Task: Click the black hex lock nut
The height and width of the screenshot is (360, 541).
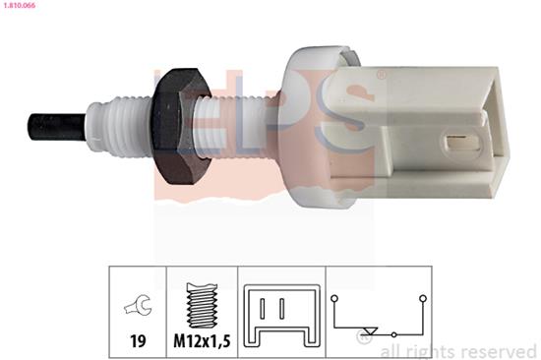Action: [x=180, y=126]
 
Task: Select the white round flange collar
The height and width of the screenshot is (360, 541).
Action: [x=311, y=127]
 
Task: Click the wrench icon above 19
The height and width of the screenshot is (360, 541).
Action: [x=138, y=305]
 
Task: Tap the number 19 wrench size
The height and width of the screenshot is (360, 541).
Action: [x=138, y=341]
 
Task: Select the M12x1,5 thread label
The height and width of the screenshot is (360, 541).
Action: [x=202, y=341]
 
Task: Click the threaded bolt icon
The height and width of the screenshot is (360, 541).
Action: [x=203, y=305]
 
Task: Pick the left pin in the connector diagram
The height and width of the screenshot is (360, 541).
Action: [x=263, y=308]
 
